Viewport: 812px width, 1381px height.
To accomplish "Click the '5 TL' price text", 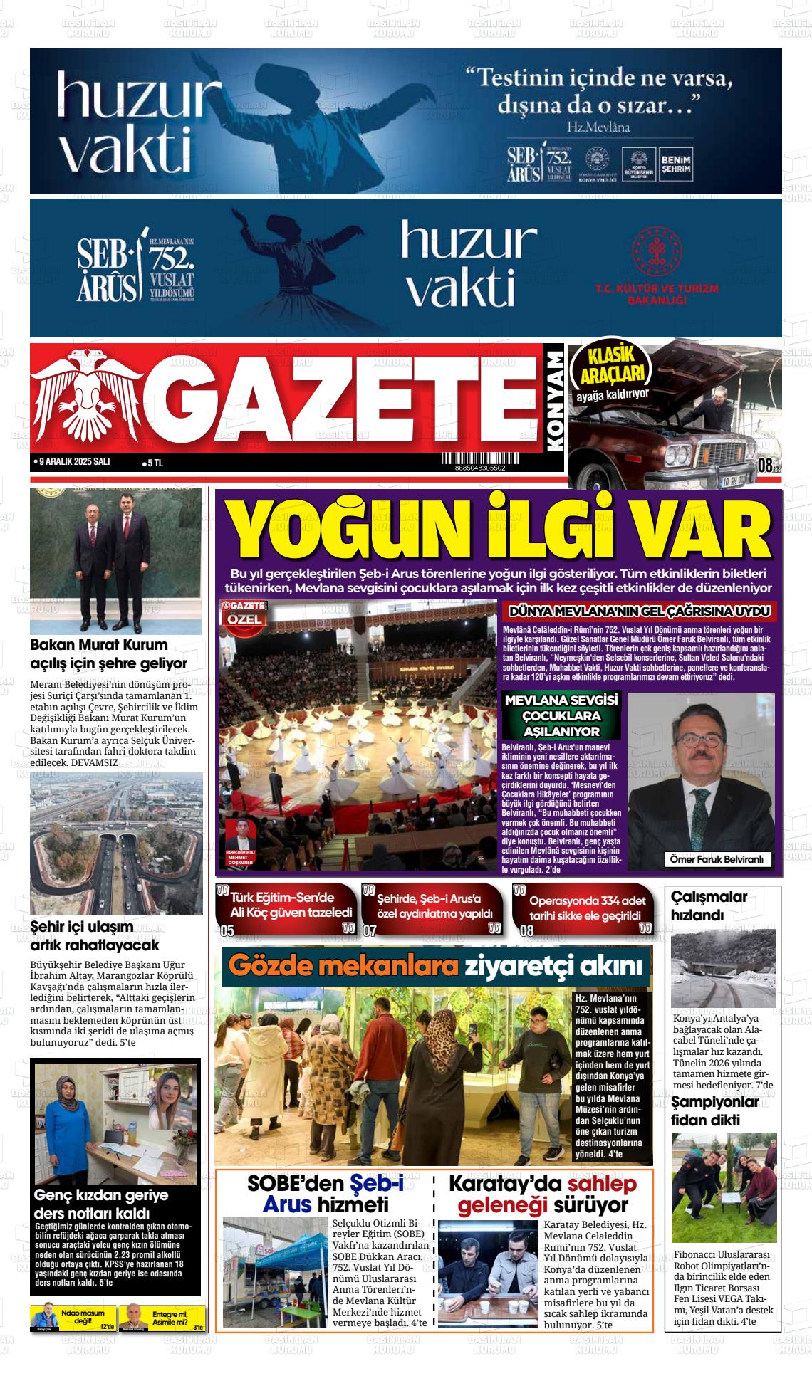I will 154,463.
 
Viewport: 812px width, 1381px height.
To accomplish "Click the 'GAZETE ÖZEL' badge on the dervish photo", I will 245,612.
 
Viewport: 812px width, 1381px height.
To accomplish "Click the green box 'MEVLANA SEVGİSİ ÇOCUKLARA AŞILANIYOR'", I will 561,715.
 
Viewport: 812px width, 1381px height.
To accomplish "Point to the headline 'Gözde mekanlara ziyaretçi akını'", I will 437,967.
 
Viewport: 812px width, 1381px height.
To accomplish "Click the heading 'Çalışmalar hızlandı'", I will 709,905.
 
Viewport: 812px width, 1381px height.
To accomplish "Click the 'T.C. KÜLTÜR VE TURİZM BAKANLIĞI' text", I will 656,293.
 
